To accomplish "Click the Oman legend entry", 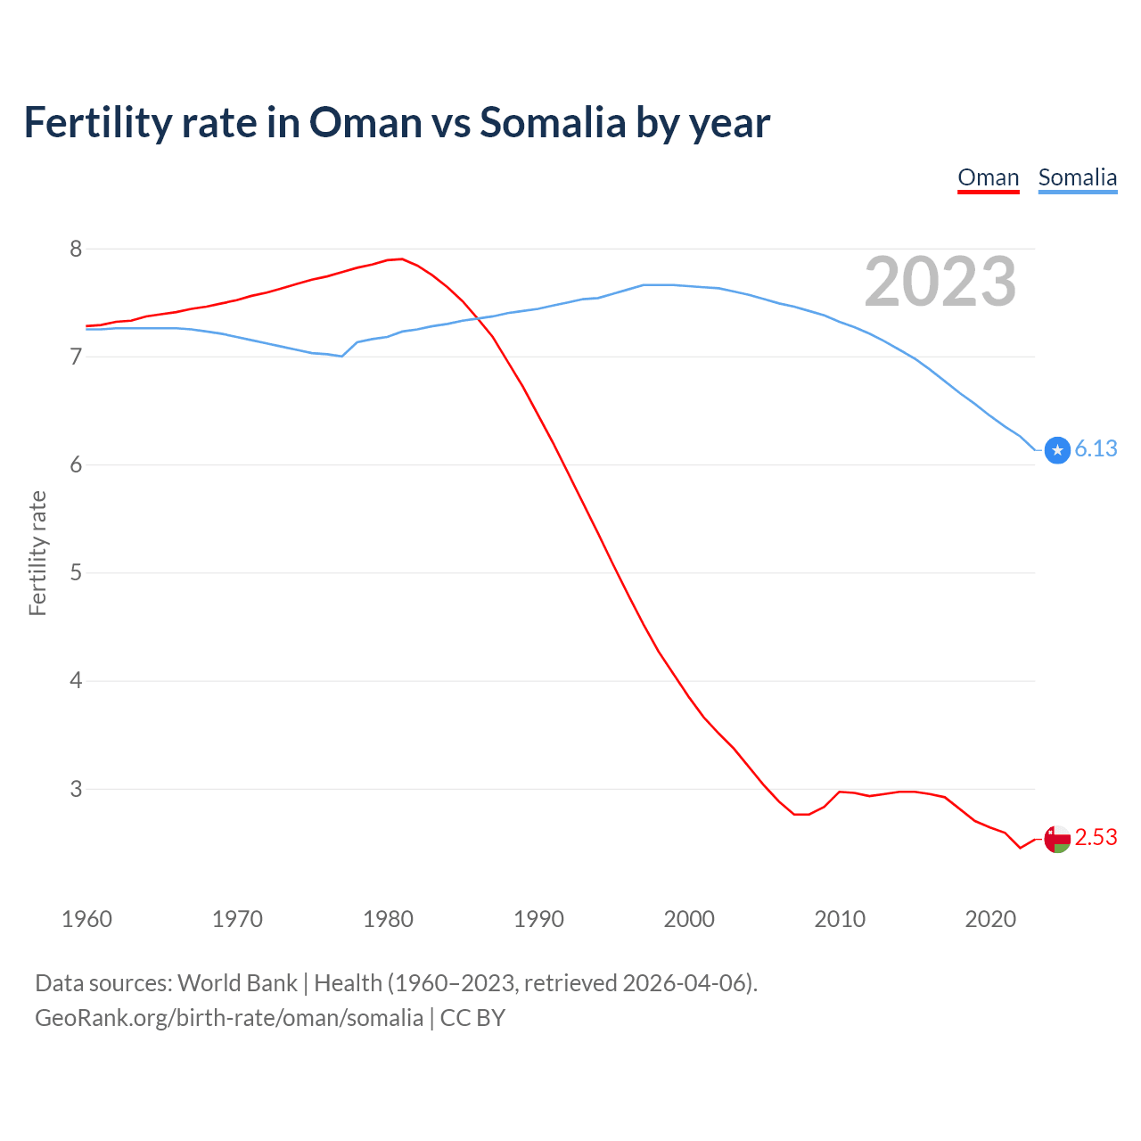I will tap(988, 177).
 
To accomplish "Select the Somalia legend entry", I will tap(1077, 177).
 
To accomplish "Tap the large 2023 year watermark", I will tap(940, 282).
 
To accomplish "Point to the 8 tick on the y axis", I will tap(76, 249).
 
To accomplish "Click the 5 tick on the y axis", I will tap(76, 572).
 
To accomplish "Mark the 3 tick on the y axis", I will tap(76, 789).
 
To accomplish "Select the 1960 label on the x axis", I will tap(86, 919).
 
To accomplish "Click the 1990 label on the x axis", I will tap(538, 919).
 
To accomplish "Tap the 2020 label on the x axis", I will tap(990, 919).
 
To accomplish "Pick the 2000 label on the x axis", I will tap(689, 919).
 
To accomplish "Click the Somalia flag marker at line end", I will tap(1057, 450).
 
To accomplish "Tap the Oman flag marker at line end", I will tap(1057, 839).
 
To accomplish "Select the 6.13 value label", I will tap(1096, 449).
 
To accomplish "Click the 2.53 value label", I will tap(1096, 838).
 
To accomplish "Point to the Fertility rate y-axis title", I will tap(37, 553).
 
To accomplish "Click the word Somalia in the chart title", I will tap(553, 122).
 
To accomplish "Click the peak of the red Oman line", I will tap(402, 259).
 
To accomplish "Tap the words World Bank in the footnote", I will tap(237, 983).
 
